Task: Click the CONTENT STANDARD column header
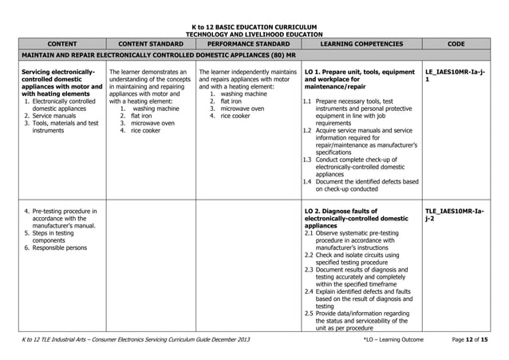(x=151, y=45)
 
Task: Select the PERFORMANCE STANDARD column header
(x=247, y=45)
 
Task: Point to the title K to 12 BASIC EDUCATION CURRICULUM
(x=254, y=27)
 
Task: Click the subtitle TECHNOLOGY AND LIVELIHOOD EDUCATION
(x=254, y=34)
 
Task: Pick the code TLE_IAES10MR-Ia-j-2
(x=456, y=215)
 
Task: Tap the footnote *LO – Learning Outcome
(x=394, y=341)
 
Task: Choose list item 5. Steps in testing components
(x=52, y=236)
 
